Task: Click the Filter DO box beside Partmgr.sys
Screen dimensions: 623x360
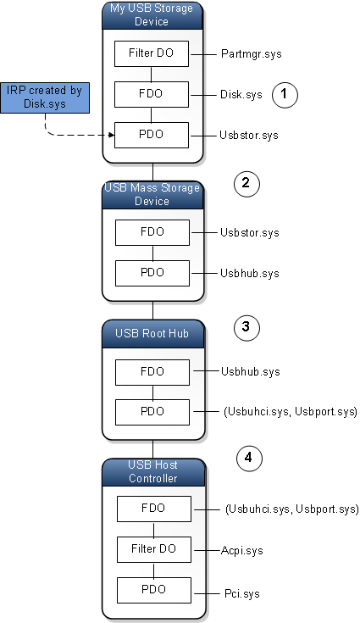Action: tap(152, 53)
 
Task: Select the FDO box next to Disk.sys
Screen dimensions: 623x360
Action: tap(152, 94)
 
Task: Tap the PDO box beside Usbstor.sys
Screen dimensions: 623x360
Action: tap(152, 135)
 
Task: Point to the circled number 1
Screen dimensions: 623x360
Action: tap(285, 96)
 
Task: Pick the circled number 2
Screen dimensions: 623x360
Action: tap(245, 183)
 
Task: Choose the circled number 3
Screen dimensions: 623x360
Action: tap(245, 327)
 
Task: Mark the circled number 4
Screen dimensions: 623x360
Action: tap(247, 459)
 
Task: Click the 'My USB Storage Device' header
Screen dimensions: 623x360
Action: tap(152, 14)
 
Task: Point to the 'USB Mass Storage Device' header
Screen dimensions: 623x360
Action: tap(152, 194)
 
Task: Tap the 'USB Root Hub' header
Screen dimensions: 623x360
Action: tap(152, 332)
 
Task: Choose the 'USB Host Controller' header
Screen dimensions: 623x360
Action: tap(152, 472)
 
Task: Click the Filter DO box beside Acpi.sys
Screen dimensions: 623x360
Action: tap(152, 549)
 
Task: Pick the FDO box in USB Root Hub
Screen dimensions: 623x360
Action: tap(152, 371)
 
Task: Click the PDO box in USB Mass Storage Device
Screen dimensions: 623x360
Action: tap(152, 273)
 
